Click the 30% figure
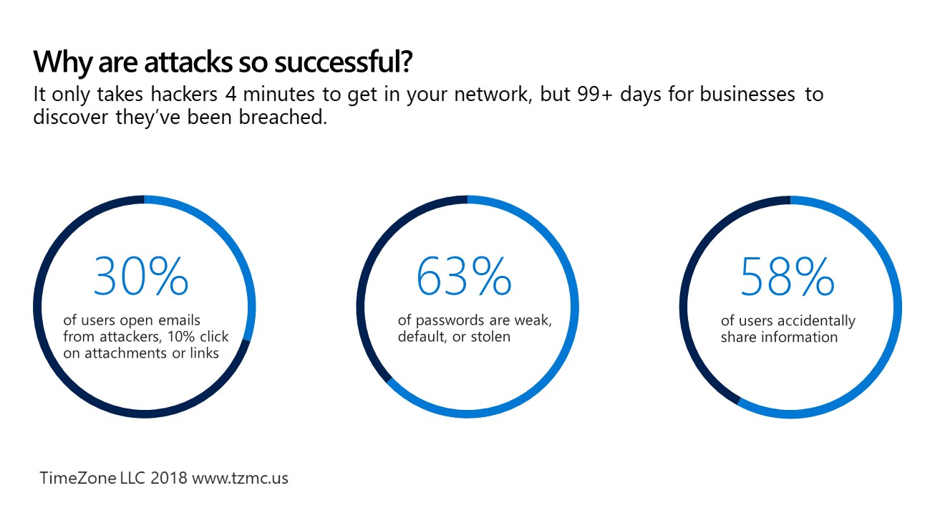coord(140,276)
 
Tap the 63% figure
coord(464,276)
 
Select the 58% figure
coord(788,276)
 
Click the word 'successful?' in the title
coord(343,62)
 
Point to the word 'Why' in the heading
coord(62,62)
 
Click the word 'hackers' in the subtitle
coord(184,94)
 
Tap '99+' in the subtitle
coord(595,95)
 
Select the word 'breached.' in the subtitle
coord(283,117)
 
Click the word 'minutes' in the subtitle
coord(278,94)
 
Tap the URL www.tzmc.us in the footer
coord(240,479)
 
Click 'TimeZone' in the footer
coord(78,478)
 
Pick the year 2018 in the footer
coord(169,478)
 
